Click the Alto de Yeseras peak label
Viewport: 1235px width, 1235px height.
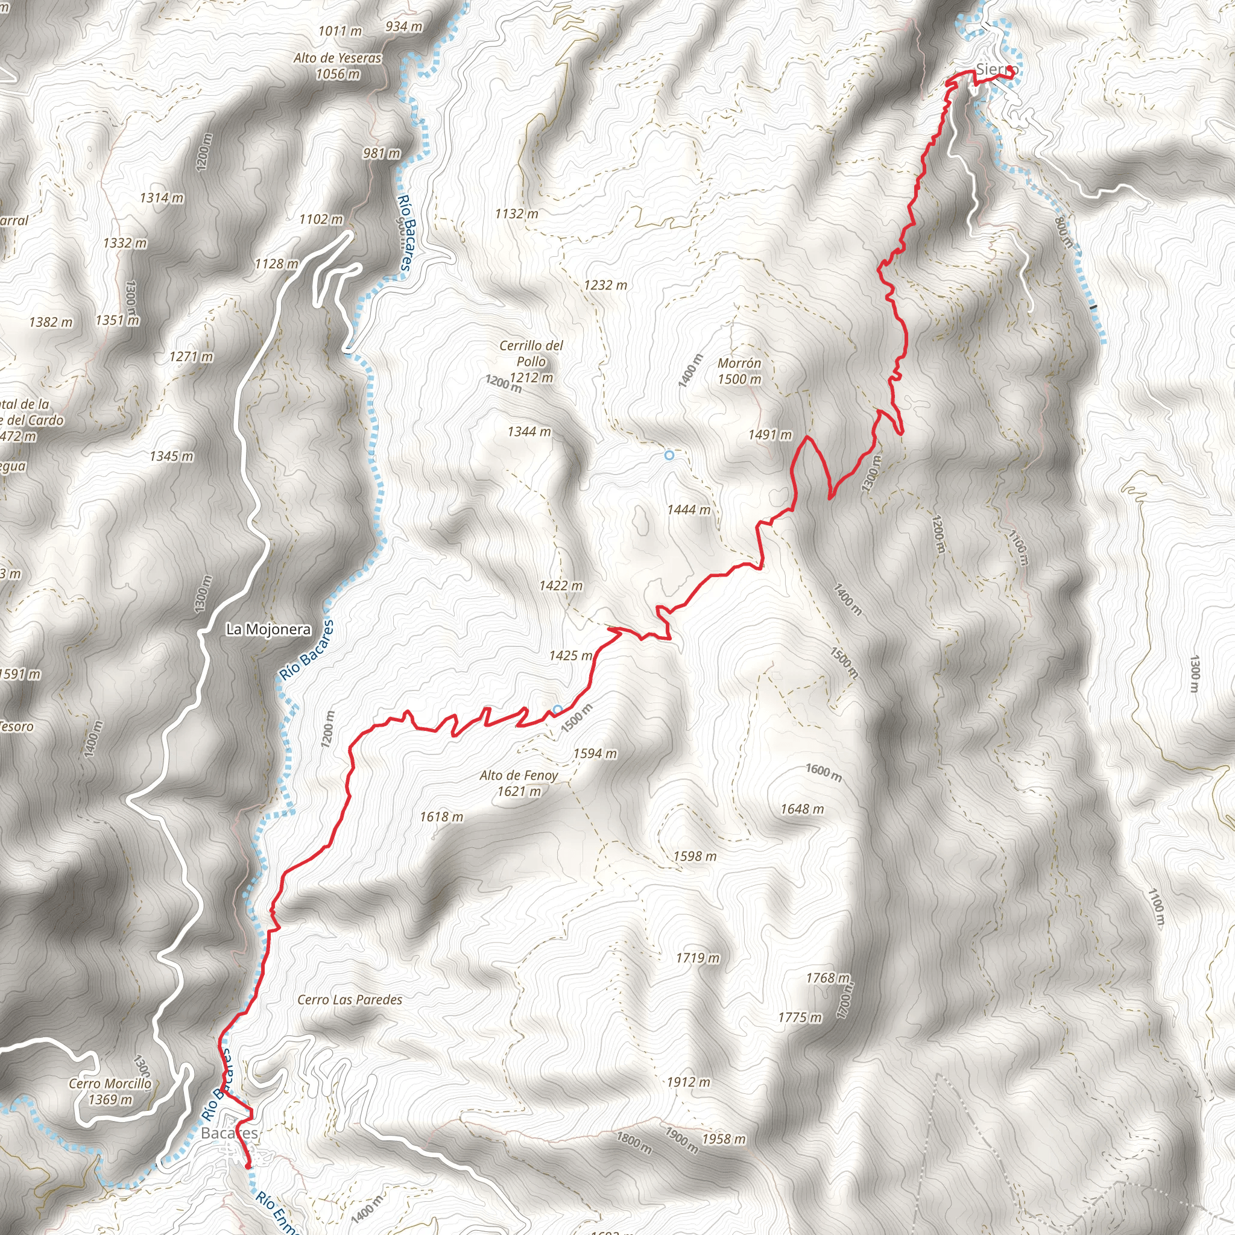[x=338, y=66]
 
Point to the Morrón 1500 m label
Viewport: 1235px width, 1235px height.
[x=739, y=371]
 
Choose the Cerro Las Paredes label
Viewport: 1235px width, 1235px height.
[x=350, y=1000]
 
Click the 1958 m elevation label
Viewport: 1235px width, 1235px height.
[x=724, y=1139]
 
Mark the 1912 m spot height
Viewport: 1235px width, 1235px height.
[x=688, y=1082]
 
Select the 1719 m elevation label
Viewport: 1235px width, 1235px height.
[x=698, y=958]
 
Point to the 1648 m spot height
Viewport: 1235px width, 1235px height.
[x=802, y=809]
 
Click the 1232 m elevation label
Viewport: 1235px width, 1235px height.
[x=605, y=285]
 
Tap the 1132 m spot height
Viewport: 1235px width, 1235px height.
[x=517, y=213]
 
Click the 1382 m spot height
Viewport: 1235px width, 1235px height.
[x=51, y=322]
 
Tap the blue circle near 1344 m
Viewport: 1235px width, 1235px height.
[x=669, y=455]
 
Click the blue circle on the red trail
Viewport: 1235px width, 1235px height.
[x=557, y=710]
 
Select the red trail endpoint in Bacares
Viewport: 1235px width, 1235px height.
[x=248, y=1166]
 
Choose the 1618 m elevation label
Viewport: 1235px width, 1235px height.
[x=441, y=817]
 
